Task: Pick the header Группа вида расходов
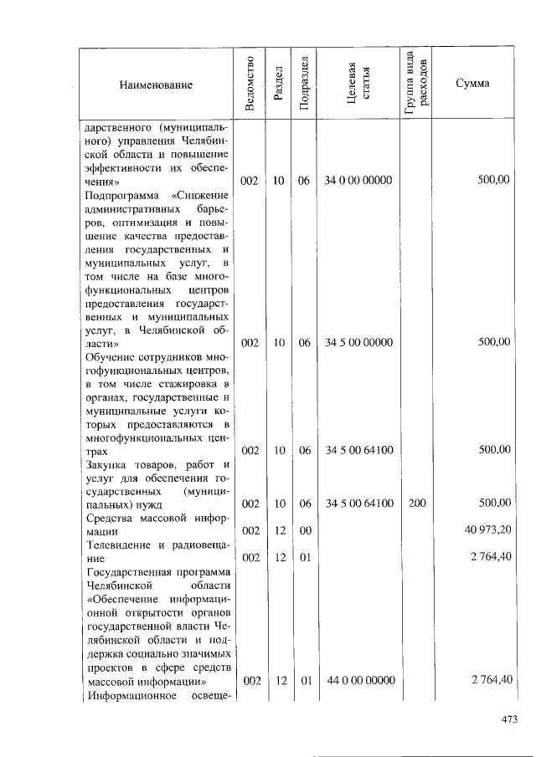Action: [418, 84]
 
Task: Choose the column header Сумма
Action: [473, 84]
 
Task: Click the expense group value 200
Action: [417, 503]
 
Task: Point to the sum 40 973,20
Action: [487, 529]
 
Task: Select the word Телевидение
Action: [117, 543]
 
